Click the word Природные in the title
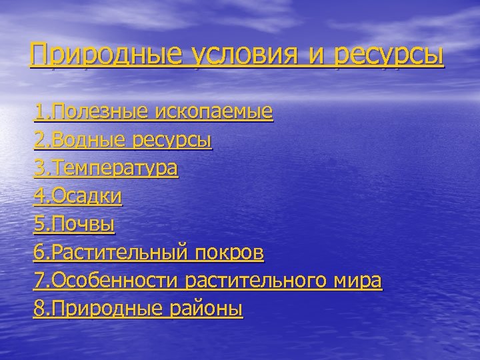point(106,55)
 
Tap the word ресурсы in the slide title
point(388,55)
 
